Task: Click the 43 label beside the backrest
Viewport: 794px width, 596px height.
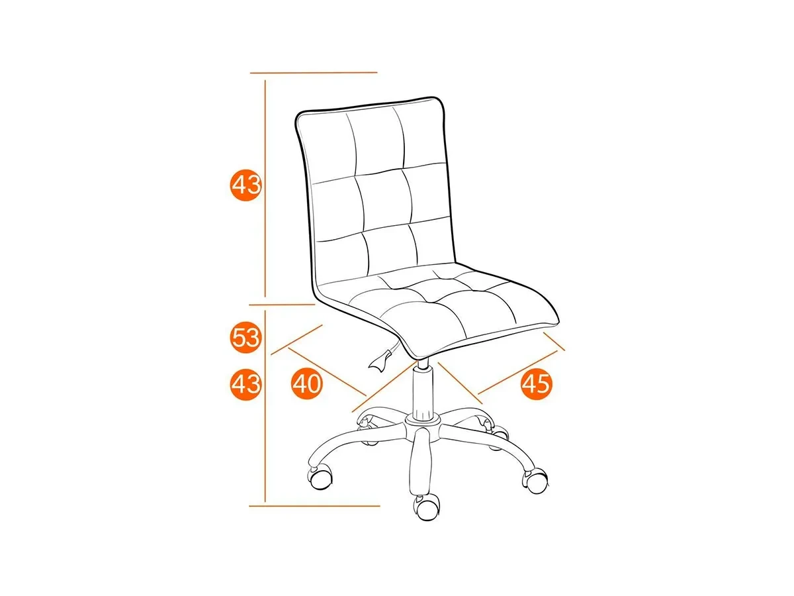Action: pyautogui.click(x=245, y=185)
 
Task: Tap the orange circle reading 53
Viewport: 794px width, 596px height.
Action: pyautogui.click(x=245, y=338)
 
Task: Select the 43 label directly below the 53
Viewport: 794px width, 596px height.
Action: pyautogui.click(x=245, y=384)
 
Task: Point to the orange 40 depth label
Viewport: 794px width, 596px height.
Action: pyautogui.click(x=306, y=383)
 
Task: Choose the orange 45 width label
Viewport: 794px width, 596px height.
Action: pyautogui.click(x=537, y=383)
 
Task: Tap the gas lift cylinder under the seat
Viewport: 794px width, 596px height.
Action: pyautogui.click(x=423, y=390)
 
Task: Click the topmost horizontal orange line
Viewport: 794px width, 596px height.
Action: pyautogui.click(x=314, y=73)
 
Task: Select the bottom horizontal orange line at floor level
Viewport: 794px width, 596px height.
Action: pyautogui.click(x=314, y=506)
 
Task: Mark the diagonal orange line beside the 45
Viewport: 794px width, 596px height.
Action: pyautogui.click(x=517, y=372)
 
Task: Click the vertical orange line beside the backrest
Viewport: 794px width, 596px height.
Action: pyautogui.click(x=265, y=188)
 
